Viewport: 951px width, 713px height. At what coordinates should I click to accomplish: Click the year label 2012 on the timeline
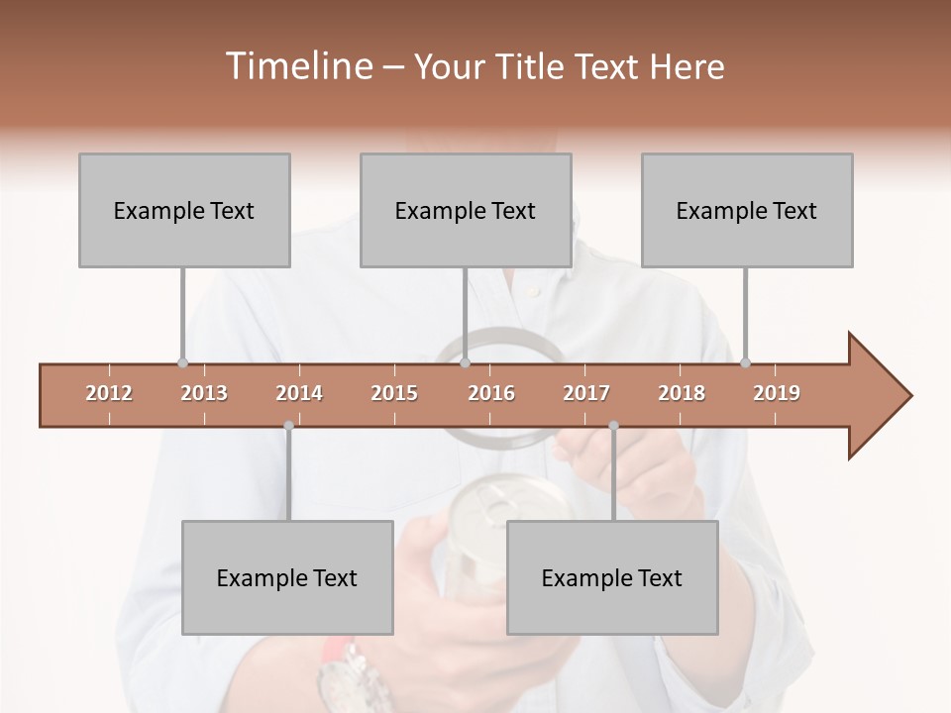tap(109, 393)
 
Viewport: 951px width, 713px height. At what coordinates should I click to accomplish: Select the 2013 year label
tap(204, 393)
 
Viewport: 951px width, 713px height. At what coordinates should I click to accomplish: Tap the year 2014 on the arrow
tap(299, 393)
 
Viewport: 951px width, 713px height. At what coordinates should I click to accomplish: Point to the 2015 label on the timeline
tap(394, 393)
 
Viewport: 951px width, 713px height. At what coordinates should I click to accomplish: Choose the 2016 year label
tap(491, 393)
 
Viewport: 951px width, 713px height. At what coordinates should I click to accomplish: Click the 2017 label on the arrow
tap(586, 393)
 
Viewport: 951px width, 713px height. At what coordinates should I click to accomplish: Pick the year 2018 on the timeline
tap(682, 393)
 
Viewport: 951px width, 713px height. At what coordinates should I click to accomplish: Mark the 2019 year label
tap(777, 393)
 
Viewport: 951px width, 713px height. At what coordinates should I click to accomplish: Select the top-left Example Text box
tap(184, 211)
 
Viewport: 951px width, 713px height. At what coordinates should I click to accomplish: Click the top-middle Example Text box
tap(466, 211)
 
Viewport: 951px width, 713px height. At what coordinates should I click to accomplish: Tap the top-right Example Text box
tap(747, 211)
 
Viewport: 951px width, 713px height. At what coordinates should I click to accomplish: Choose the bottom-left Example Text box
tap(287, 578)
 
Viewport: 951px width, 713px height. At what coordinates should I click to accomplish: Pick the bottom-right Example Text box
tap(612, 578)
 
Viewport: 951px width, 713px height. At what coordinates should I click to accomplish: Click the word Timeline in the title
tap(297, 66)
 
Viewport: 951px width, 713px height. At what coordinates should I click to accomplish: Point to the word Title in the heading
tap(533, 66)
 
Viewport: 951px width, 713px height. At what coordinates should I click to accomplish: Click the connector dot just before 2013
tap(182, 362)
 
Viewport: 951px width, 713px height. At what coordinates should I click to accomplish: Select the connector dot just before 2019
tap(745, 362)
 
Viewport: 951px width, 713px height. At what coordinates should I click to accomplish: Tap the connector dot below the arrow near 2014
tap(288, 426)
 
